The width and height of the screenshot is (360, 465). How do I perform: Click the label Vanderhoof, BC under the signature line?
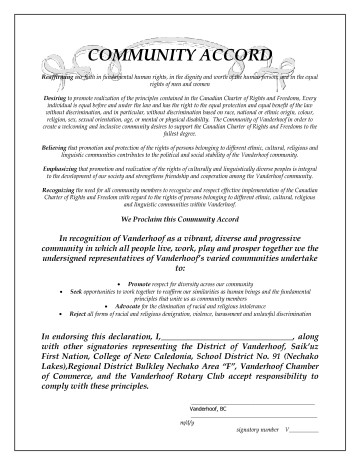[206, 411]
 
